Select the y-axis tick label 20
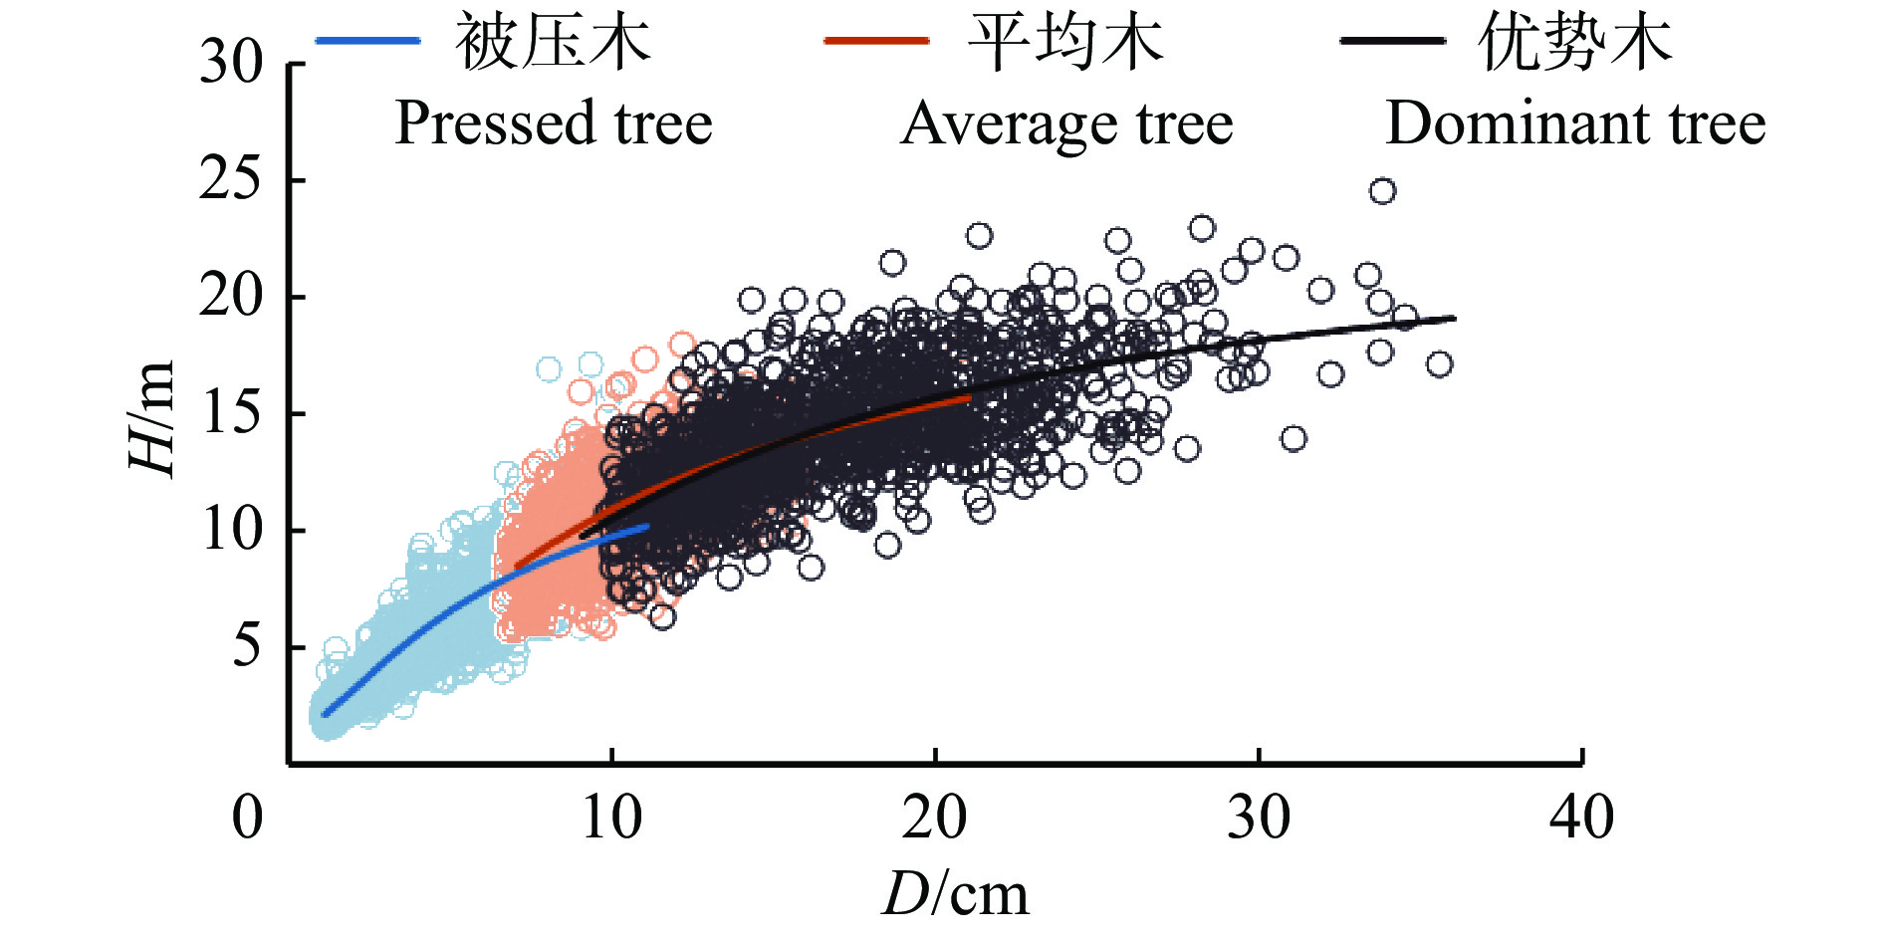point(231,296)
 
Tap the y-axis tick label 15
point(231,412)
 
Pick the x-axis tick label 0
point(248,819)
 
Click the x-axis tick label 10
point(611,819)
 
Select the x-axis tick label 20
point(934,819)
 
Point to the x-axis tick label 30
point(1258,819)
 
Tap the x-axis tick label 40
point(1581,819)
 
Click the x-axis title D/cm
point(955,893)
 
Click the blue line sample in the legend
point(367,41)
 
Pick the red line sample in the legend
point(876,41)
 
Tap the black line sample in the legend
point(1392,41)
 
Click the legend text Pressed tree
point(554,123)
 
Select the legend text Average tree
point(1066,123)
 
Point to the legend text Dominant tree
point(1575,123)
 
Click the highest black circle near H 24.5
point(1382,191)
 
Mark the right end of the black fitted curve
point(1454,319)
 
